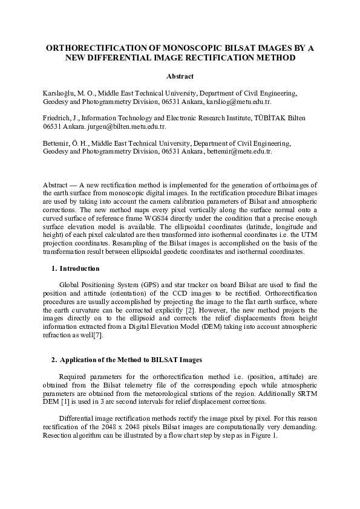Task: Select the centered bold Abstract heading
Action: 180,76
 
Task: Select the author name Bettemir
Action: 57,143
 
